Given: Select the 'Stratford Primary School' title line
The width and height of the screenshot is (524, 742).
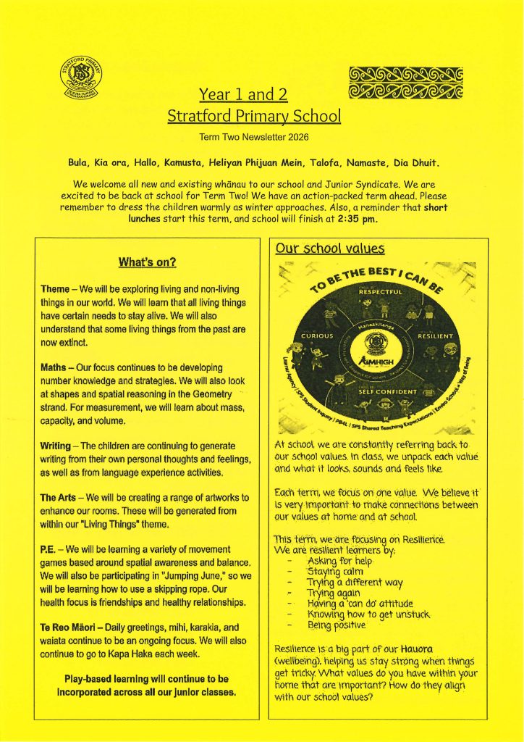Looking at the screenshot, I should (253, 115).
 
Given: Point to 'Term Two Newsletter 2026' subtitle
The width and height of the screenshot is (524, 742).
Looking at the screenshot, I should (253, 136).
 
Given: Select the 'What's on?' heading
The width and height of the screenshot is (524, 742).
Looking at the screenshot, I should (148, 262).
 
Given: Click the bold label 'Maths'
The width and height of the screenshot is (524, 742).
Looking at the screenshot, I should (54, 367).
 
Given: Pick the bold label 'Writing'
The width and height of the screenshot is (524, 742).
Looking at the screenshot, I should (58, 446).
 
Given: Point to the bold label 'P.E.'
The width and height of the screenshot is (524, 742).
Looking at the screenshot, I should (50, 550).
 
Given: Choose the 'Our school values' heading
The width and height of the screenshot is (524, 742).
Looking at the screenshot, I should (329, 249).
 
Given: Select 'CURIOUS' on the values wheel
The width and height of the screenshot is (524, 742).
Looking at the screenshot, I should (317, 336).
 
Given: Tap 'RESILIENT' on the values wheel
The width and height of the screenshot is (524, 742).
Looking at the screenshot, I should (434, 336).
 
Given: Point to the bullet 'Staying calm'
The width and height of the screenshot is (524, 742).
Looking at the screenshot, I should (337, 572).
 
